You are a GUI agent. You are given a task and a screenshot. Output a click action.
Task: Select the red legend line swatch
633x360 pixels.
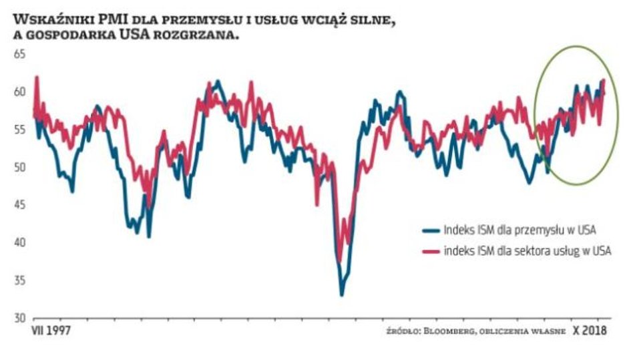(x=431, y=251)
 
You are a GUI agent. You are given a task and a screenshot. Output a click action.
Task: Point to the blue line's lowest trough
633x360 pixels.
(x=342, y=295)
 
